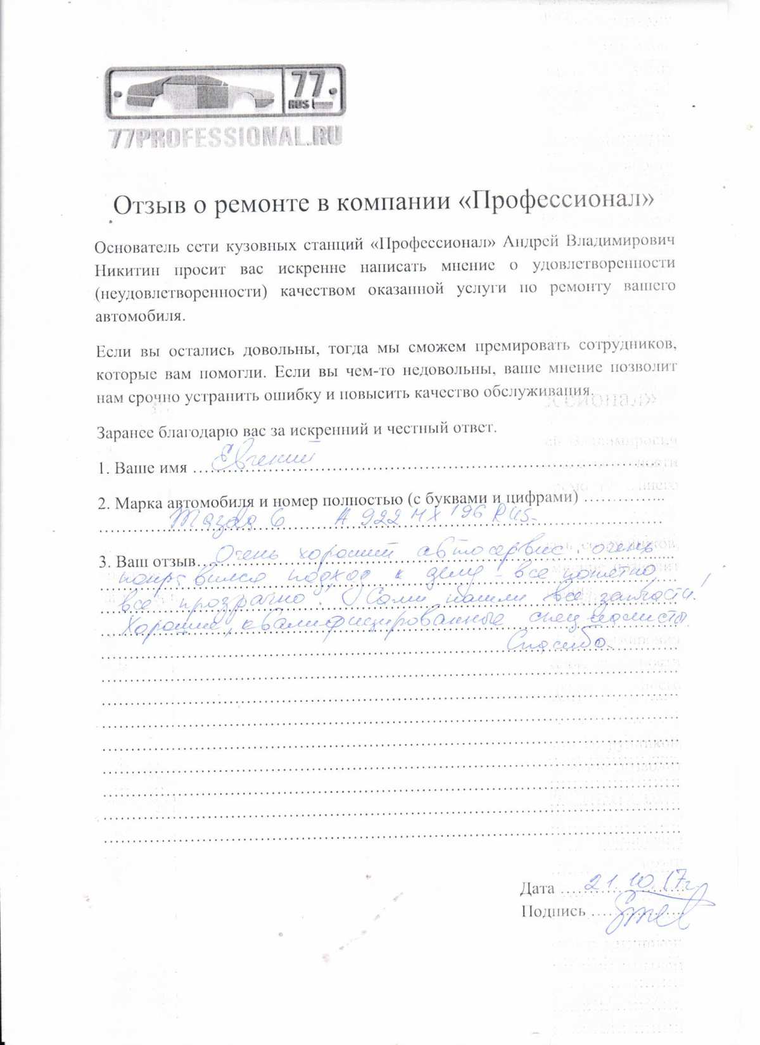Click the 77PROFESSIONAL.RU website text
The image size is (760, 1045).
click(x=225, y=137)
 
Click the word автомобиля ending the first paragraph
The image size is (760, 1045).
click(x=141, y=315)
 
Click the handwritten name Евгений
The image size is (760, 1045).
click(x=261, y=458)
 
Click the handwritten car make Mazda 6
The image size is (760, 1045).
click(x=225, y=521)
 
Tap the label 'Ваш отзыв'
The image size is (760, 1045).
click(x=156, y=562)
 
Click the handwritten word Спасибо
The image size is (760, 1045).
click(x=557, y=643)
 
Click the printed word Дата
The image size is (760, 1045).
click(x=537, y=889)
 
